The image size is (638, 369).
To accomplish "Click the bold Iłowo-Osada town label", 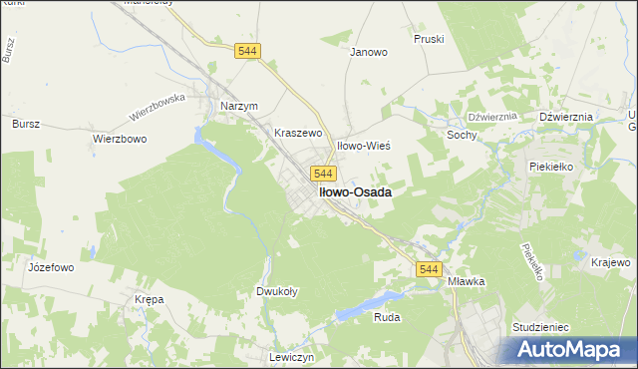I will (x=353, y=191).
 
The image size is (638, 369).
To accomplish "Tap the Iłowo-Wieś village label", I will (x=363, y=146).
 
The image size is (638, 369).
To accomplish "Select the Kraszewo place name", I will (x=299, y=132).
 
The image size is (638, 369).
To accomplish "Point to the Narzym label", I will (x=239, y=106).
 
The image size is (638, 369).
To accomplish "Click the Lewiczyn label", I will (x=292, y=356).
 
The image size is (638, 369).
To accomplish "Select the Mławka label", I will (x=466, y=281).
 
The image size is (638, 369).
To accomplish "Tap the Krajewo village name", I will (x=611, y=261).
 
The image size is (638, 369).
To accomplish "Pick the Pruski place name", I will (x=429, y=39).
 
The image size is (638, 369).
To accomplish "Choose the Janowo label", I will (x=368, y=52).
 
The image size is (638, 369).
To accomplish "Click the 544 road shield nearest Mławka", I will (x=429, y=269).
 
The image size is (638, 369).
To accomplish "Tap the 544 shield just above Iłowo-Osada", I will (x=321, y=173).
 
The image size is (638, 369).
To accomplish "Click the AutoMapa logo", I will (x=574, y=350).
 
